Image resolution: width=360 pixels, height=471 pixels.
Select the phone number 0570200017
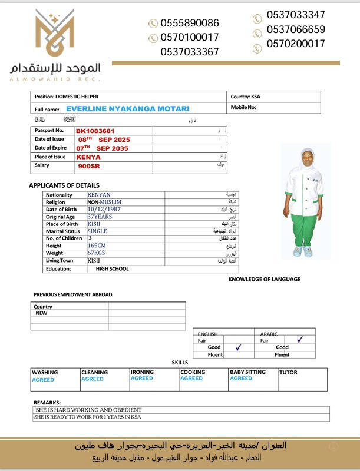(x=296, y=44)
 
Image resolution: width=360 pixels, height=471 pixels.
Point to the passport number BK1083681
(x=95, y=131)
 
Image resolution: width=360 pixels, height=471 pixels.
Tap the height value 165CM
(x=97, y=246)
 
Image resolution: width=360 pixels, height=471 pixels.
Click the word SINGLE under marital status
(x=97, y=231)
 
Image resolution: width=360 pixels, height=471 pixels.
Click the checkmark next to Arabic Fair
(x=300, y=340)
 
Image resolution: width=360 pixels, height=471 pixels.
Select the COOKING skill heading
(x=193, y=372)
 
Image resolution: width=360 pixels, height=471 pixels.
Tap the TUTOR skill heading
(x=288, y=372)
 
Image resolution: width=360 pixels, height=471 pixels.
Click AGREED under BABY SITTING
(x=240, y=379)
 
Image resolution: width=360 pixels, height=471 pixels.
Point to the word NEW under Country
(x=42, y=313)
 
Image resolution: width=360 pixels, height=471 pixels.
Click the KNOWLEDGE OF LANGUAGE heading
(x=264, y=279)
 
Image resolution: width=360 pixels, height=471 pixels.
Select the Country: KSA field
(x=245, y=97)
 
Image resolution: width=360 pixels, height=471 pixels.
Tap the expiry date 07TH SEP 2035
(x=103, y=148)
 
